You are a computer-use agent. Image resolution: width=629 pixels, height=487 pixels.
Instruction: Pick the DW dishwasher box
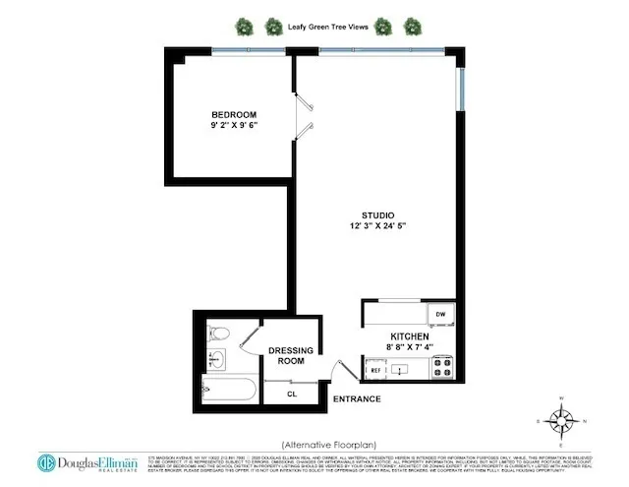441,315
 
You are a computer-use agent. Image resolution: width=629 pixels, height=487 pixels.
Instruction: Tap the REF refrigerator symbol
373,369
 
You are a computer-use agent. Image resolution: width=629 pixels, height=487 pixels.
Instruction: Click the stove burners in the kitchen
441,369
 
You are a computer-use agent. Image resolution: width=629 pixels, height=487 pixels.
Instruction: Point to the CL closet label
292,395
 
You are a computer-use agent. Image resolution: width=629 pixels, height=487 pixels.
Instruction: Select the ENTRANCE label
356,399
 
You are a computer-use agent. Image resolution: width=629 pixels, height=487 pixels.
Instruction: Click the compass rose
562,421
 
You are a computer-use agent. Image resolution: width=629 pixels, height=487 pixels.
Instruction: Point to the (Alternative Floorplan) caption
329,443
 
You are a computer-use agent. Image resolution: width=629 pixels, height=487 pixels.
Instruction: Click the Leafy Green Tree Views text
328,27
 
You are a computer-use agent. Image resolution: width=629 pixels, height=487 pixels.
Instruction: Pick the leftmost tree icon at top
243,27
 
